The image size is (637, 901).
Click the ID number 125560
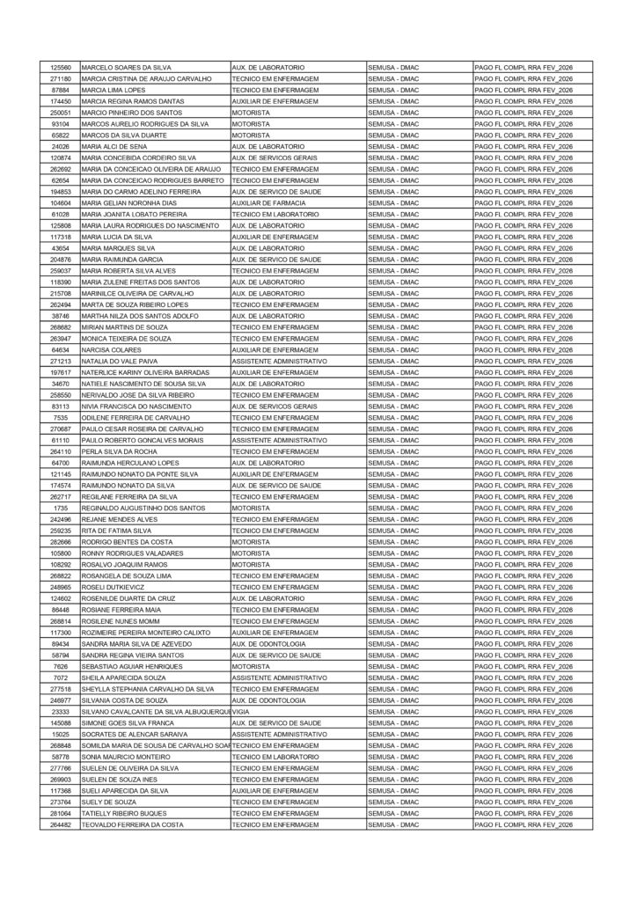(61, 68)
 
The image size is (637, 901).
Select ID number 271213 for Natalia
(61, 362)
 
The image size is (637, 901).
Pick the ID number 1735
(61, 509)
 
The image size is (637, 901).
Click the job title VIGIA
(241, 712)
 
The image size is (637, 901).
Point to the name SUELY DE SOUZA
(109, 802)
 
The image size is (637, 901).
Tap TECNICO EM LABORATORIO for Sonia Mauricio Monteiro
(275, 757)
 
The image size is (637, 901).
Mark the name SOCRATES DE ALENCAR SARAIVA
(135, 735)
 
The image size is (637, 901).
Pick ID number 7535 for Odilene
(61, 418)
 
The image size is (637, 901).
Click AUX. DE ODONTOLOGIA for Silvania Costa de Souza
(268, 700)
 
